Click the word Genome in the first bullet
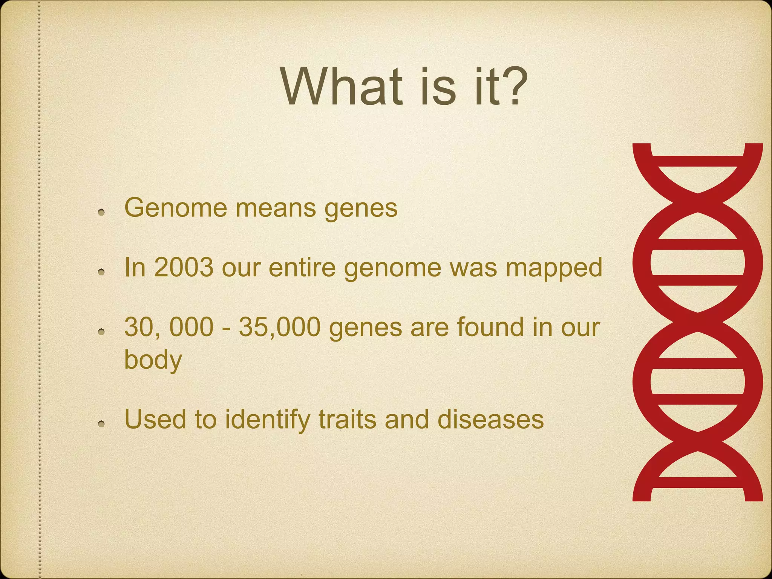point(176,208)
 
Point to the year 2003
point(184,267)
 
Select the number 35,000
point(280,327)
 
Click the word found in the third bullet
point(490,327)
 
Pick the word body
point(153,360)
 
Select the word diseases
point(490,420)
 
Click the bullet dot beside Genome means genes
point(101,213)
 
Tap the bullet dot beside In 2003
point(101,272)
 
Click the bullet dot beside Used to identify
point(101,424)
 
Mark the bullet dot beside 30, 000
point(101,332)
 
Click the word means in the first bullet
point(276,208)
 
